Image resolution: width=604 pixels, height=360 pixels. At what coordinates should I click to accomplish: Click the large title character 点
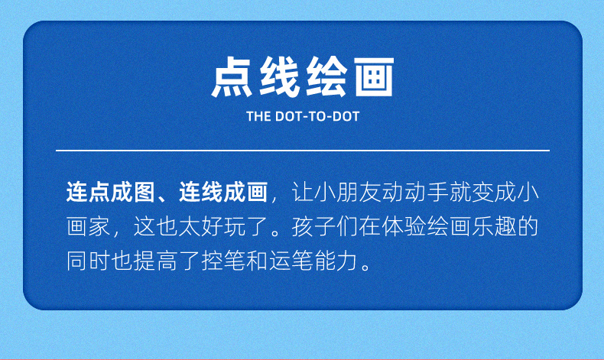tap(232, 76)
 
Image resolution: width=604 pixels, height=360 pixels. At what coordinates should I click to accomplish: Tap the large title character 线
tap(279, 76)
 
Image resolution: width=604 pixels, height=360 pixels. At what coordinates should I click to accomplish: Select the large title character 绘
tap(326, 76)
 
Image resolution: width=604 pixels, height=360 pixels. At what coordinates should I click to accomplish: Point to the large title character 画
tap(374, 76)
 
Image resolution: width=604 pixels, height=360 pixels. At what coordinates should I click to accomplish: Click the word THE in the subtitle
tap(258, 116)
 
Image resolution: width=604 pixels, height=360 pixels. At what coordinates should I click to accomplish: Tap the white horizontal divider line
tap(303, 150)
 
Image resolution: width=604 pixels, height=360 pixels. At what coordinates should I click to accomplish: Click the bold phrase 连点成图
tap(111, 192)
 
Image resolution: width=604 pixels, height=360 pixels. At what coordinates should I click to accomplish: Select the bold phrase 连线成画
tap(223, 192)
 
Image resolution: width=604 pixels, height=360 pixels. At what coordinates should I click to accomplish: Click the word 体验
tap(404, 226)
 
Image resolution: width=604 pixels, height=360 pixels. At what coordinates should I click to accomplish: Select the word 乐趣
tap(494, 226)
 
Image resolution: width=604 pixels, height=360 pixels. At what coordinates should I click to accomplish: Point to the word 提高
tap(156, 261)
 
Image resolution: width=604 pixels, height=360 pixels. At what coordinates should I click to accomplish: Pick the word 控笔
tap(223, 261)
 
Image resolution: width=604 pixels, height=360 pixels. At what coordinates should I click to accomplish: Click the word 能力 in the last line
tap(336, 261)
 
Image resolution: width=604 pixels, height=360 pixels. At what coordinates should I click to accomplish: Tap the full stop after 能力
tap(366, 267)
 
